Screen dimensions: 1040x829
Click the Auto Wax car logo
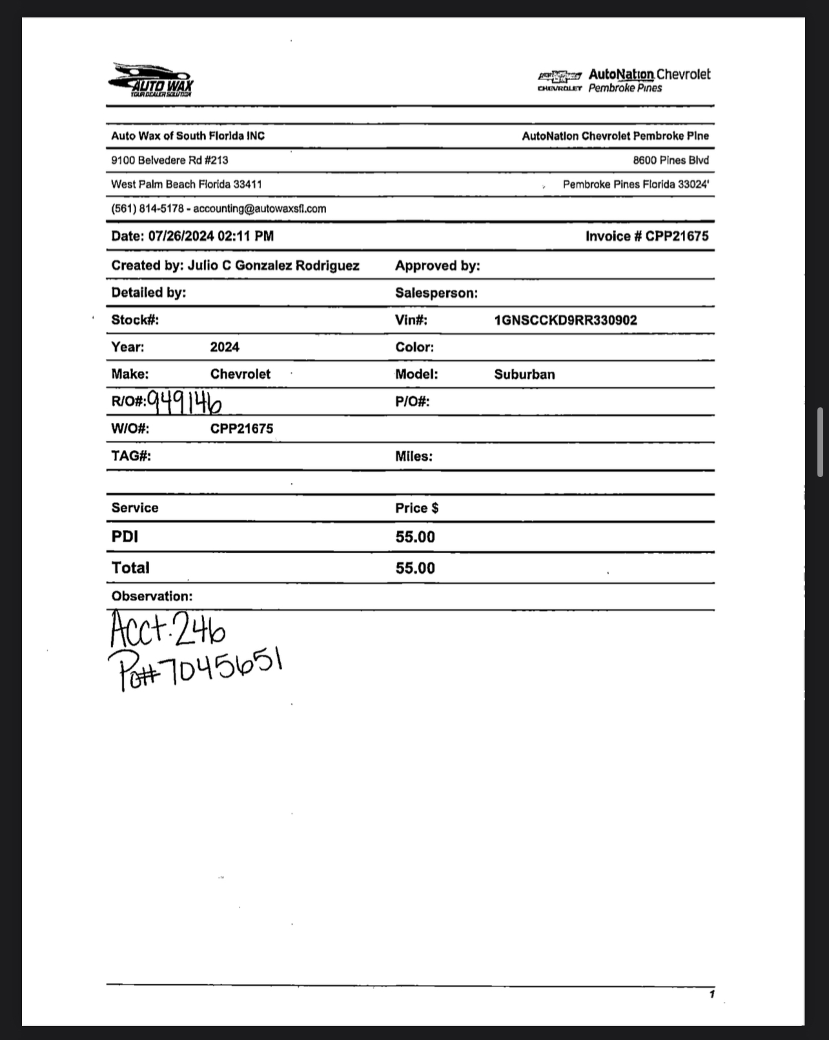coord(151,80)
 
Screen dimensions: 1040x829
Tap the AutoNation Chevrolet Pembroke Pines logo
coord(624,81)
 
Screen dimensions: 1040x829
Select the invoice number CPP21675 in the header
coord(677,236)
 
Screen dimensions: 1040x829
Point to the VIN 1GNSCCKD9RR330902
coord(566,320)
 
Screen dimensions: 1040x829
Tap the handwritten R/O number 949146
coord(185,402)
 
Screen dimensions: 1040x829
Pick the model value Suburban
coord(524,374)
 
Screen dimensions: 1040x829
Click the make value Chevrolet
coord(240,374)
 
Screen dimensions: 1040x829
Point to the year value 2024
coord(225,347)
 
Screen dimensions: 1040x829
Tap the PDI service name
coord(125,537)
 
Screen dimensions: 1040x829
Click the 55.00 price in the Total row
coord(415,568)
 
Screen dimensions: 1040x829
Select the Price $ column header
coord(417,508)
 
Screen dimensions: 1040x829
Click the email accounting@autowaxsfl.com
coord(260,209)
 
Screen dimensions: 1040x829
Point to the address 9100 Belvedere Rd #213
coord(170,160)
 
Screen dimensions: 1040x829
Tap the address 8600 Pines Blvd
coord(670,160)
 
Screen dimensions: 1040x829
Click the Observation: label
coord(152,596)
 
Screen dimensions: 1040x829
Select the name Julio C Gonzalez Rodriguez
coord(274,265)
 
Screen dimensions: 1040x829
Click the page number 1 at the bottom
coord(711,994)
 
